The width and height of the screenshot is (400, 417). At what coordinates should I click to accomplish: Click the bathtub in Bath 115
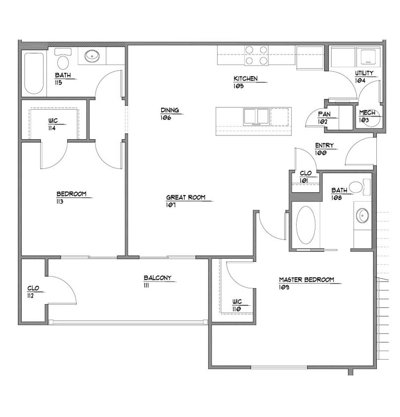coord(34,73)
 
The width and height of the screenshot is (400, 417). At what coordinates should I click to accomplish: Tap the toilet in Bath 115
coord(63,60)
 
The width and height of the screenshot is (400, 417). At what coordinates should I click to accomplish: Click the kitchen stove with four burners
coord(257,55)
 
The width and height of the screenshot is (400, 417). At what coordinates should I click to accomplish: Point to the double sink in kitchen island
coord(256,116)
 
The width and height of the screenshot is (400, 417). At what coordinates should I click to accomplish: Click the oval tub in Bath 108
coord(306,225)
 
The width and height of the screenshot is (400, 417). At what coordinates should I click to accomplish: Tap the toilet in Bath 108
coord(358,187)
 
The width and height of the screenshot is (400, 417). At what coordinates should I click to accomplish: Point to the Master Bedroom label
coord(306,280)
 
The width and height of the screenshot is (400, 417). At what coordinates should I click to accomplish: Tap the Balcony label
coord(157,278)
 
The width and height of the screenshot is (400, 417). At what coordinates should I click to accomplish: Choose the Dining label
coord(170,110)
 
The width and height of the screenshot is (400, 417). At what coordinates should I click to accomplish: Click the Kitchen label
coord(246,79)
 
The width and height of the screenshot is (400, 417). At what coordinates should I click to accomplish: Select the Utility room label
coord(365,73)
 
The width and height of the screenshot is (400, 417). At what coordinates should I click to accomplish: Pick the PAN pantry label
coord(324,114)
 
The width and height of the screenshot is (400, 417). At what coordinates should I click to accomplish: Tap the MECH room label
coord(367,113)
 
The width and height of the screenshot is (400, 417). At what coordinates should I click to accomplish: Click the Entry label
coord(324,146)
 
